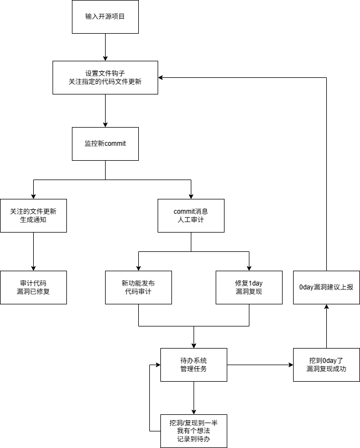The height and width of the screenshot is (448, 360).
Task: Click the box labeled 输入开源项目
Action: click(105, 17)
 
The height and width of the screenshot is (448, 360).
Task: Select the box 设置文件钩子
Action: click(105, 77)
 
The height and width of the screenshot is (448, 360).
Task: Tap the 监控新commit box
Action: click(105, 144)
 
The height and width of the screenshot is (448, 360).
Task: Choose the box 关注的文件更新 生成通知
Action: click(33, 215)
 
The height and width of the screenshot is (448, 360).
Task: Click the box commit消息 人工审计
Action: click(191, 215)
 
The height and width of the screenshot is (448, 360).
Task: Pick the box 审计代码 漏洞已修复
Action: click(33, 287)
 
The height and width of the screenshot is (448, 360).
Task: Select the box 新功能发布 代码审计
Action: click(138, 287)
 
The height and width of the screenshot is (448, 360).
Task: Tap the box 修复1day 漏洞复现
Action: click(249, 287)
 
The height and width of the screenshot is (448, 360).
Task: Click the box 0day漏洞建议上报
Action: click(326, 287)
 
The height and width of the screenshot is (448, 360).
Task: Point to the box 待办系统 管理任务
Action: click(194, 365)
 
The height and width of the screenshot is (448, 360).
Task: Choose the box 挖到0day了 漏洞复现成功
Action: click(326, 365)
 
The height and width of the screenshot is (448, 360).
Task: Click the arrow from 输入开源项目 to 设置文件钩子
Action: click(105, 47)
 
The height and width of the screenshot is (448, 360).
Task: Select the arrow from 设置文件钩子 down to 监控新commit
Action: click(105, 110)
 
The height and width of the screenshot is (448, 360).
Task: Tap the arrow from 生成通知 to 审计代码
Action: click(33, 251)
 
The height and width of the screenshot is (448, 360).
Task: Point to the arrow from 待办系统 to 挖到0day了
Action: click(260, 365)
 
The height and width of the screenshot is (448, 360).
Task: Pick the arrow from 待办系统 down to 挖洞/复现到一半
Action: click(194, 398)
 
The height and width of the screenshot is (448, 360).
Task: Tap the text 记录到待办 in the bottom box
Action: click(194, 440)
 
